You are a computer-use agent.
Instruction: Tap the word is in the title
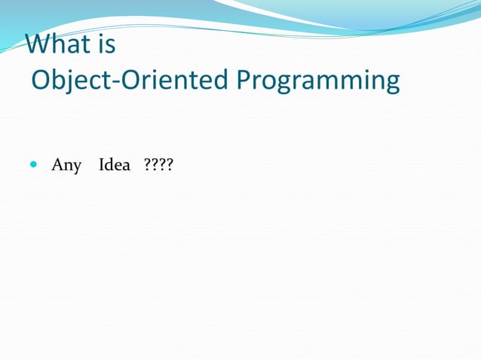tap(106, 44)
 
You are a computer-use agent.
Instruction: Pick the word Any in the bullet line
tap(66, 165)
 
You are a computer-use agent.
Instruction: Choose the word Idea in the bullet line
tap(115, 164)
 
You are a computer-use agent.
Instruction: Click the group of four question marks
tap(158, 164)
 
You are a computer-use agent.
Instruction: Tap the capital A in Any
tap(57, 164)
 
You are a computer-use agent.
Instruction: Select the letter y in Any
tap(77, 166)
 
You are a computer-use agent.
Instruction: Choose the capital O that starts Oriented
tap(130, 80)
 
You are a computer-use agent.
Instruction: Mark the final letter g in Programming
tap(391, 83)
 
